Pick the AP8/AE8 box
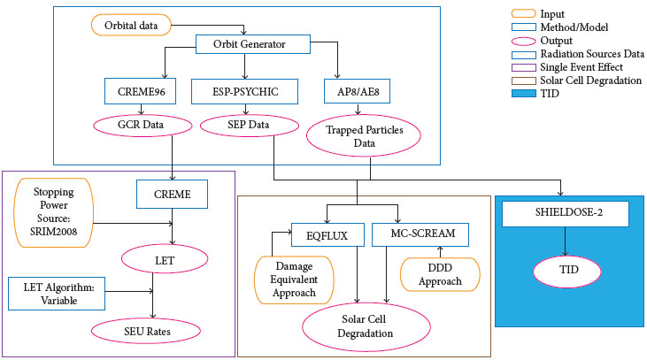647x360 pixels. (358, 91)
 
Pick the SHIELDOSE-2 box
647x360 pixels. (564, 213)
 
